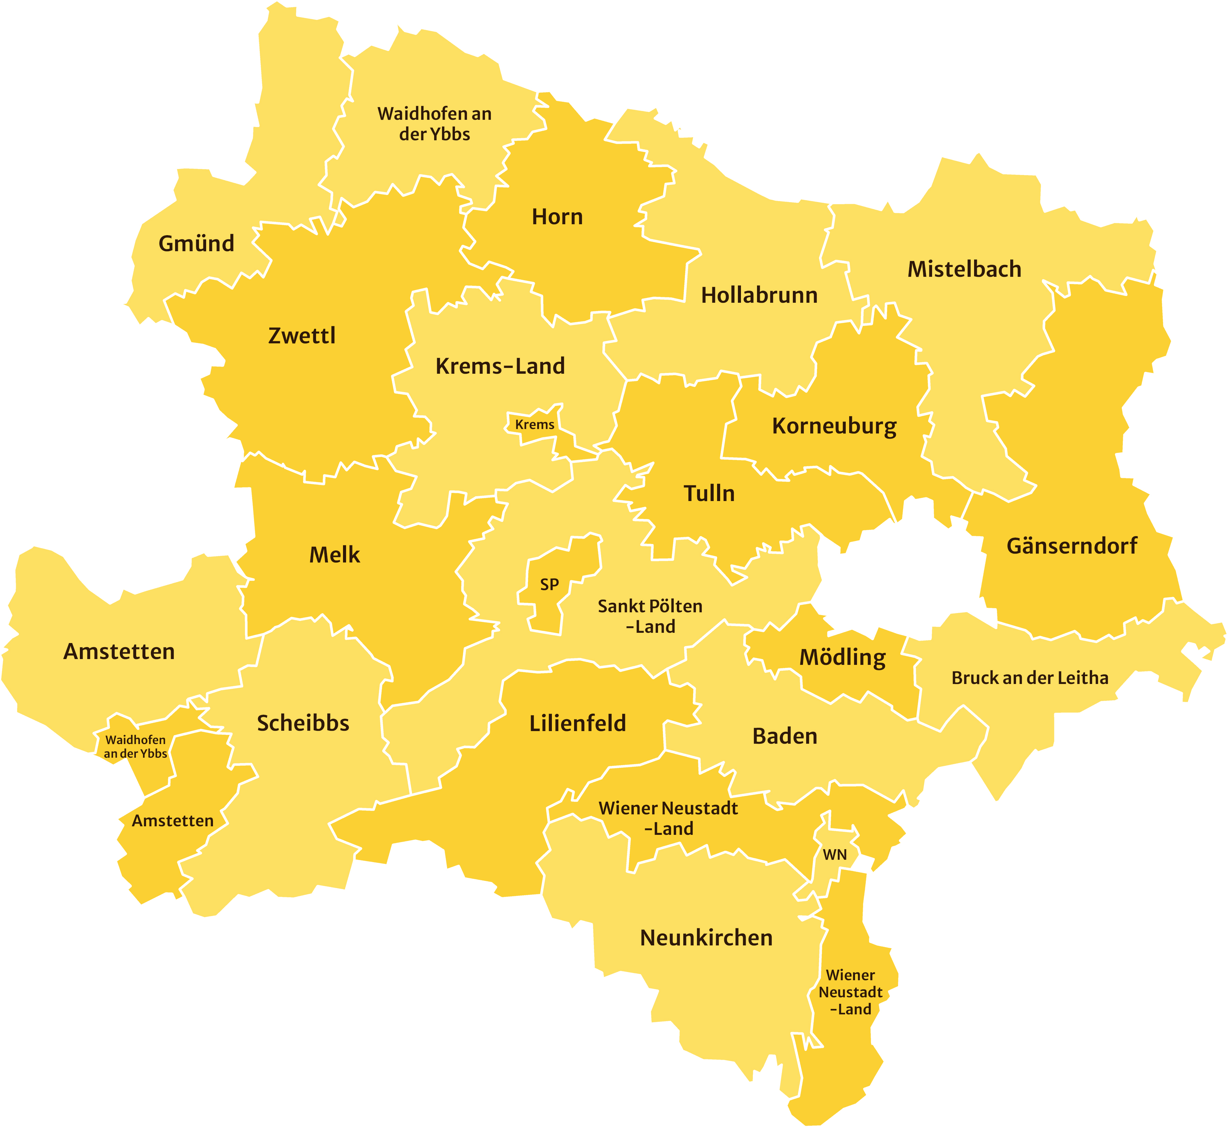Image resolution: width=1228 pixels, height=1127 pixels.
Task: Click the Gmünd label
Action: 196,243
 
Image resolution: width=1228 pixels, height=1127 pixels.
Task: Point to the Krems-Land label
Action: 500,366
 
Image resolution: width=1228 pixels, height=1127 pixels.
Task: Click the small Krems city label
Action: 535,425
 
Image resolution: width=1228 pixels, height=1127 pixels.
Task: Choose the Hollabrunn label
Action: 759,295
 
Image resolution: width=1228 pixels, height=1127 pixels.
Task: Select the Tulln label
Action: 709,494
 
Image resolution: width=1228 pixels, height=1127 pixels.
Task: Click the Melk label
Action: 335,555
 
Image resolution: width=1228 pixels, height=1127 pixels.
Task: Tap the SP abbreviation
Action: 549,584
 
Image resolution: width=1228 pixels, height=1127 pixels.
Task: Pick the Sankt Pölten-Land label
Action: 650,616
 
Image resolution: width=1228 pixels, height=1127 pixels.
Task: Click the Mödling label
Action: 843,657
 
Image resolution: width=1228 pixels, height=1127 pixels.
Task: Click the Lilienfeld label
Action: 577,723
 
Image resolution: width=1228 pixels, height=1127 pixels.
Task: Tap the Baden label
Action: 785,736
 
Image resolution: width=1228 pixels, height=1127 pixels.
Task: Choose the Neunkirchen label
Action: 706,937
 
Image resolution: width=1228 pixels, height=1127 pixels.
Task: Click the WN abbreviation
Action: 835,854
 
